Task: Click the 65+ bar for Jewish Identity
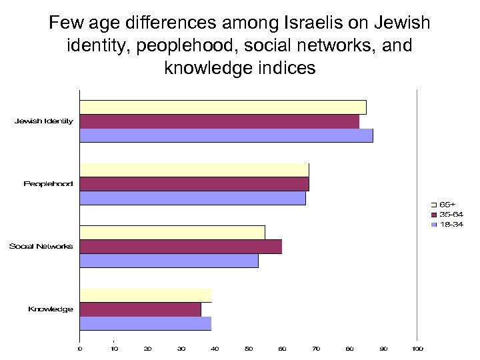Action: click(x=223, y=107)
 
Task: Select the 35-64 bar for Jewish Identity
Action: click(x=219, y=121)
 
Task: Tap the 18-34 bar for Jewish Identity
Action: click(x=226, y=135)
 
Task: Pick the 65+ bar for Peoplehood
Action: click(x=194, y=170)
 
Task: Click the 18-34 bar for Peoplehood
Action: click(x=193, y=198)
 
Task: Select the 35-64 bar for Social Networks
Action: click(x=181, y=247)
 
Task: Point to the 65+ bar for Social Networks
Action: click(x=172, y=233)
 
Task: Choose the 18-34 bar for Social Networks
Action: click(x=169, y=261)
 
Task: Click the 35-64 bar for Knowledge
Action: click(x=140, y=309)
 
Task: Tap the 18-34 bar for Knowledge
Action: click(x=145, y=323)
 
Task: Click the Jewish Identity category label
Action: click(x=44, y=121)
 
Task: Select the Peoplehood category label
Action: click(x=48, y=184)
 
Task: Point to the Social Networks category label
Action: click(x=41, y=247)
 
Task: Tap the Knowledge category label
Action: click(x=50, y=309)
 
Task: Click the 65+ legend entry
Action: click(x=451, y=204)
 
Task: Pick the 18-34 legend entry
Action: click(x=451, y=225)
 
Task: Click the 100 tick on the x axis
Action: click(x=417, y=348)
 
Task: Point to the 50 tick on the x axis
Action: click(x=249, y=348)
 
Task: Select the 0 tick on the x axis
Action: click(x=80, y=348)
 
